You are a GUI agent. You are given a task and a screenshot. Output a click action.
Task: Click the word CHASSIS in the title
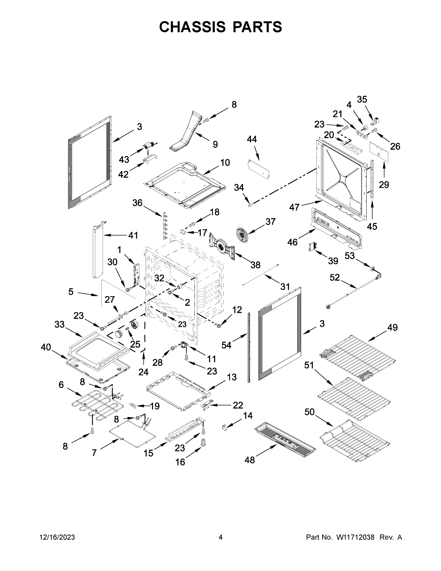[x=192, y=27]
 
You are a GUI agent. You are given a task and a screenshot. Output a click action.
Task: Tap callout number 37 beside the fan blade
[x=270, y=222]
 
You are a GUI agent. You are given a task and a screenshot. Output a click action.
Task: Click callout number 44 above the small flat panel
[x=252, y=139]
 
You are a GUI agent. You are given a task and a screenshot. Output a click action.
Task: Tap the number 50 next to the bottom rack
[x=309, y=412]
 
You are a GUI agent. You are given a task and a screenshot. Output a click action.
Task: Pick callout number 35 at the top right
[x=362, y=99]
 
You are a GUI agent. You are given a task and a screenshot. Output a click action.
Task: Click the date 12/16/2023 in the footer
[x=57, y=537]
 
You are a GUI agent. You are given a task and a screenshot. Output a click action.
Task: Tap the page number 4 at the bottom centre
[x=221, y=537]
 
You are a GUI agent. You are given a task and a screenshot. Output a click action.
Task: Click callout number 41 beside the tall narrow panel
[x=133, y=236]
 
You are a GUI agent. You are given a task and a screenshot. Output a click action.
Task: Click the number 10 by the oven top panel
[x=225, y=163]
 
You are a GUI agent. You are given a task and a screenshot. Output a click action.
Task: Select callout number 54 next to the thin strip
[x=226, y=345]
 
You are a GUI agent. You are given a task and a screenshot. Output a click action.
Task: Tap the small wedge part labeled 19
[x=133, y=405]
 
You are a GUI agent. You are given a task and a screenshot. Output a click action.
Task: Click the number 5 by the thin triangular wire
[x=71, y=292]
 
